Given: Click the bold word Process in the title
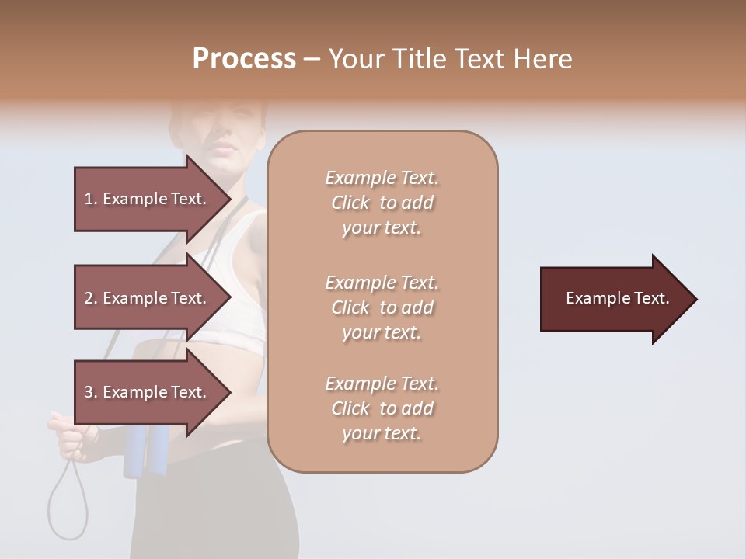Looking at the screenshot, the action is [244, 59].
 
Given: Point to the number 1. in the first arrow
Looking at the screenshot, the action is [91, 200].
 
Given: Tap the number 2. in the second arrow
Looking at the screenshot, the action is [91, 299].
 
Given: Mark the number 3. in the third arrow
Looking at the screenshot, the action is [91, 393].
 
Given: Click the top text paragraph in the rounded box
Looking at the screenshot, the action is [382, 203].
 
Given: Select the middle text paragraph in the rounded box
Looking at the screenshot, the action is [382, 307].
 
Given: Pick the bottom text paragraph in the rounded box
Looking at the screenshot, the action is [382, 408].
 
